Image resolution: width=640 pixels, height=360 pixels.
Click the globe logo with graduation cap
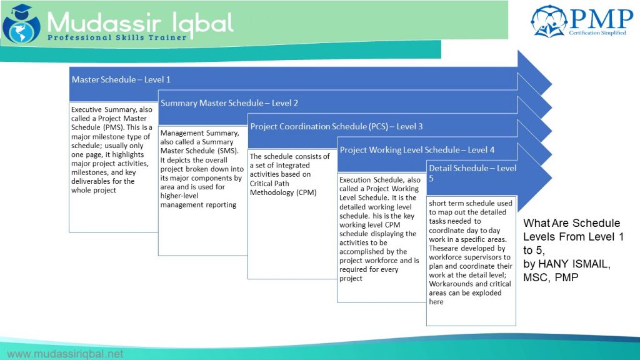click(x=21, y=24)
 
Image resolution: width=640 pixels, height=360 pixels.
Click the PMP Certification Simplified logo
click(x=582, y=21)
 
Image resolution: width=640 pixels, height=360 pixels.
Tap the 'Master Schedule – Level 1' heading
click(x=121, y=79)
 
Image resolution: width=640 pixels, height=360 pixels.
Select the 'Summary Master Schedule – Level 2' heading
click(x=229, y=103)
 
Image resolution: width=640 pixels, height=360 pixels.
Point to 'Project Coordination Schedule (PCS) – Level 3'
click(x=336, y=126)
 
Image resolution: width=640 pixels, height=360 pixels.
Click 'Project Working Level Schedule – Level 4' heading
click(x=417, y=150)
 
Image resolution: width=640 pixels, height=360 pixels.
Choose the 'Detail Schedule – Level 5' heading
click(x=472, y=173)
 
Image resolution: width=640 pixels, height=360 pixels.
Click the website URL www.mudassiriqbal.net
click(x=65, y=354)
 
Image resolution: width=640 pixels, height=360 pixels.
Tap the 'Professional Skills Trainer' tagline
click(x=117, y=37)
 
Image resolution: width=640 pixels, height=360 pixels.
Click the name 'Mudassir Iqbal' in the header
click(x=140, y=22)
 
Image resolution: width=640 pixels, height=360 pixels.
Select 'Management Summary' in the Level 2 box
click(x=199, y=133)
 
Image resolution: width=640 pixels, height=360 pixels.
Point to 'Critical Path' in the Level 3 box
click(x=269, y=183)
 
